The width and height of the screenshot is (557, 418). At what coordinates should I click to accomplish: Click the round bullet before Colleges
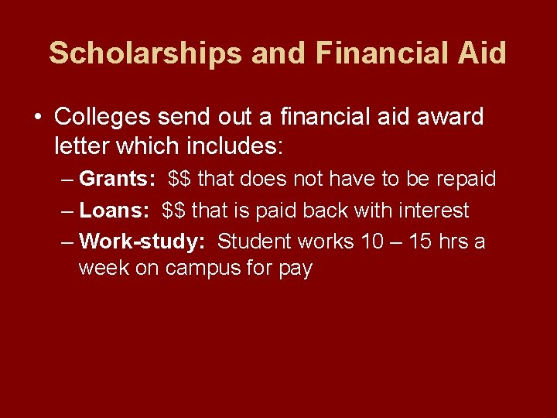38,118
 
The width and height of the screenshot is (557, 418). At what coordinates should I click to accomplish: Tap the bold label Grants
118,179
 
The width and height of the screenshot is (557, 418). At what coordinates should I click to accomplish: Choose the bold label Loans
114,210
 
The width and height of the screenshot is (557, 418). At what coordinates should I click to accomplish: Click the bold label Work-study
142,242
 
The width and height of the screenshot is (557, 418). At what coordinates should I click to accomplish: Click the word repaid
466,179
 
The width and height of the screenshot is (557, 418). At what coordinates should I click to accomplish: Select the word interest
430,210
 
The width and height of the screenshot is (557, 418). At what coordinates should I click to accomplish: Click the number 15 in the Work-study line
420,242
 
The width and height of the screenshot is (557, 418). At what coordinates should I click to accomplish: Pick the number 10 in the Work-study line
372,242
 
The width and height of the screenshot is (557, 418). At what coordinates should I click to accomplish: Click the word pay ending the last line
295,269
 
